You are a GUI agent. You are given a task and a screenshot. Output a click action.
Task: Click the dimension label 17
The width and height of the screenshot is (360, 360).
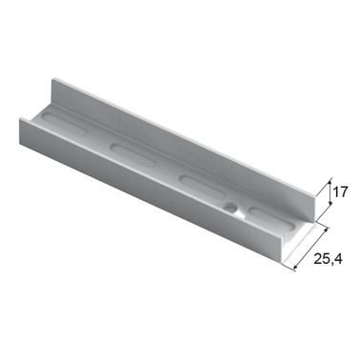coord(341,192)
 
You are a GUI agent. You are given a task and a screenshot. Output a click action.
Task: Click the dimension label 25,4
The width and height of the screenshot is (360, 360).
coord(328,259)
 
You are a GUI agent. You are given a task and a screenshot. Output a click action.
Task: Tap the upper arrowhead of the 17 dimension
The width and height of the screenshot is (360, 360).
coord(330,184)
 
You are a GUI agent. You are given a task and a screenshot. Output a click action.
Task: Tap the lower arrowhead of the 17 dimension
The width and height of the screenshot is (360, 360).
coord(330,203)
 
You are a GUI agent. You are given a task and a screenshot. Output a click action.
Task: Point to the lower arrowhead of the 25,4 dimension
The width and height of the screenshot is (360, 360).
coord(295,268)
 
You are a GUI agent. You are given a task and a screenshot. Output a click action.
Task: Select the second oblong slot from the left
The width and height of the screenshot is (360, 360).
coord(133,154)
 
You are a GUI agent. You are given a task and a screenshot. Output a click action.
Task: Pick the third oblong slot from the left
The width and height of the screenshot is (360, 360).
coord(202,187)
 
